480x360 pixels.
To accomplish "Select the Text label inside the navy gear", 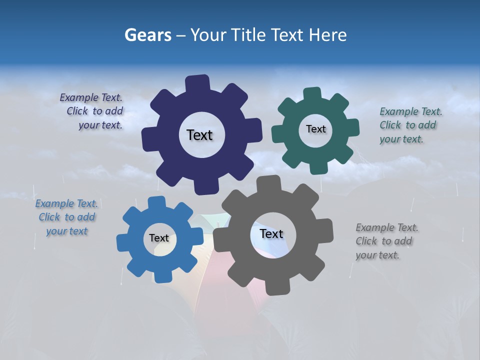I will point(199,135).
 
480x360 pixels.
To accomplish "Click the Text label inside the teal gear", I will point(315,129).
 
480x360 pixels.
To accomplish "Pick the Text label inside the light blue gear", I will point(159,238).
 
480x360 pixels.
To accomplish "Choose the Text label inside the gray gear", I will point(271,234).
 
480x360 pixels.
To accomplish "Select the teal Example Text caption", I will point(409,125).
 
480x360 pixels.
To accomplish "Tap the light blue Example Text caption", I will point(66,217).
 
